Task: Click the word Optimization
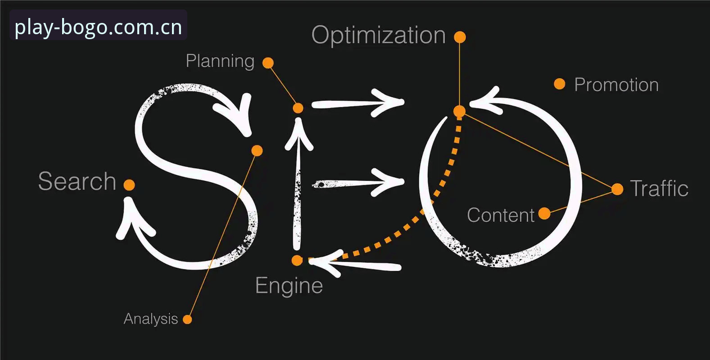point(379,36)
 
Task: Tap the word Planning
point(220,61)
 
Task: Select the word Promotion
point(616,85)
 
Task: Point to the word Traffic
point(659,188)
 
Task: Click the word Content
point(501,215)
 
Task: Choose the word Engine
point(289,286)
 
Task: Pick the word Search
point(77,181)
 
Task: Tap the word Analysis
point(151,319)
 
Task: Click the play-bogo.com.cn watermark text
point(98,27)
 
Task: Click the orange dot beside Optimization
point(460,37)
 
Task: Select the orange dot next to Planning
point(268,63)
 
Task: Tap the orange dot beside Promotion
point(560,84)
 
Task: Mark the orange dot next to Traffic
point(617,189)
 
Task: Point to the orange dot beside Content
point(544,213)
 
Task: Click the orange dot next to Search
point(129,185)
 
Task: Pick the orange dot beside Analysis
point(187,319)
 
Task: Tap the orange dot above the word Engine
point(297,261)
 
